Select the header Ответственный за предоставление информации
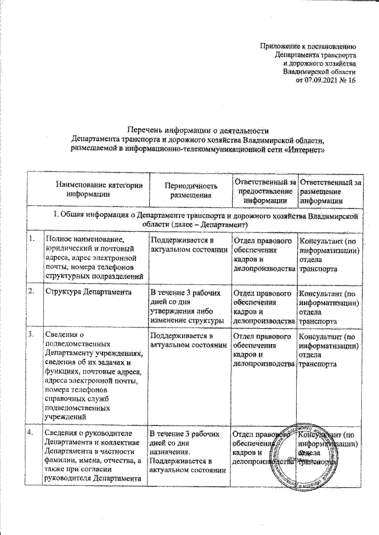coord(264,189)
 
